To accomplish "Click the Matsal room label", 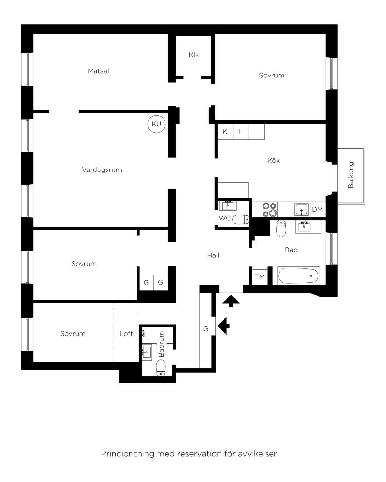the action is [x=98, y=71].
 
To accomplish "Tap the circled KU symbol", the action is [x=156, y=124].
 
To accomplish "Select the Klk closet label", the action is [x=194, y=55].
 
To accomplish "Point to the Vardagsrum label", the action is [x=102, y=170].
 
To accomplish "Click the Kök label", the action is [x=274, y=160].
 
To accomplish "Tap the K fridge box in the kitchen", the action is [x=225, y=132].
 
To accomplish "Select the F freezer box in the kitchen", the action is [x=241, y=132].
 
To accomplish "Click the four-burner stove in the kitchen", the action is [x=269, y=210].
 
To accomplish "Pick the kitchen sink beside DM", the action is [x=301, y=210].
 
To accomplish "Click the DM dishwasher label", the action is [x=317, y=210].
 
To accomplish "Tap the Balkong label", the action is [x=351, y=175].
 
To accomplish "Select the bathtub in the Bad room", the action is [x=298, y=276].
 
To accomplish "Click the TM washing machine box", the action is [x=260, y=277].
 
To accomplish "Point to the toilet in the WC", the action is [x=241, y=219].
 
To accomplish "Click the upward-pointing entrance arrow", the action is [x=231, y=301].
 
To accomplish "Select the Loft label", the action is [x=126, y=334].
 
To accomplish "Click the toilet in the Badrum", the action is [x=160, y=367].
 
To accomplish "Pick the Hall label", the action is [x=213, y=255].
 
